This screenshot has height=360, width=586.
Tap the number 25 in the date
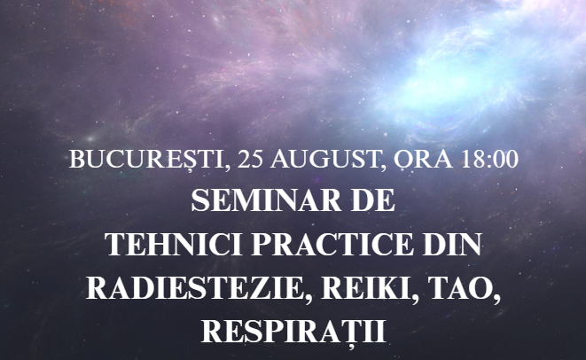[250, 160]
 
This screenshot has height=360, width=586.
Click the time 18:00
[489, 160]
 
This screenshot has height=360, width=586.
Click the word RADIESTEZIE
[193, 288]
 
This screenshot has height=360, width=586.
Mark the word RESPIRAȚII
[293, 333]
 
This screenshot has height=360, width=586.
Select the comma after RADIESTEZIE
[308, 297]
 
